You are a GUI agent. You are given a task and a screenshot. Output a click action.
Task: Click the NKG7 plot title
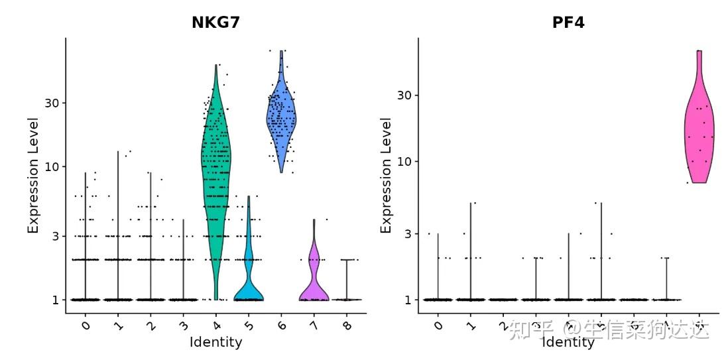click(215, 23)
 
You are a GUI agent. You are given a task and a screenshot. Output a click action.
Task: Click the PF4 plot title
click(568, 23)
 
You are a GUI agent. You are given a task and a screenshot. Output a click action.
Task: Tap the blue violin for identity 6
click(281, 119)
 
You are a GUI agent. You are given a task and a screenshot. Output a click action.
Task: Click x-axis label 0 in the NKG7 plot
click(86, 324)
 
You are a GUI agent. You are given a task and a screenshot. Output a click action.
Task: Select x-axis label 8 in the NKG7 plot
click(345, 324)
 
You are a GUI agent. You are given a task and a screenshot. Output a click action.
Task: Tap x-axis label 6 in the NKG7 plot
click(280, 324)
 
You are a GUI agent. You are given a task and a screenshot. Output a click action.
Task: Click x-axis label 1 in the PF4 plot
click(470, 324)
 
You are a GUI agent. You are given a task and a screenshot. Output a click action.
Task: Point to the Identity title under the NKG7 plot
click(215, 342)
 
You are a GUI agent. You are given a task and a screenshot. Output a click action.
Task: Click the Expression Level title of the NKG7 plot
click(33, 175)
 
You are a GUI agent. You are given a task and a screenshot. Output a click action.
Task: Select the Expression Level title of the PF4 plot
click(386, 175)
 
